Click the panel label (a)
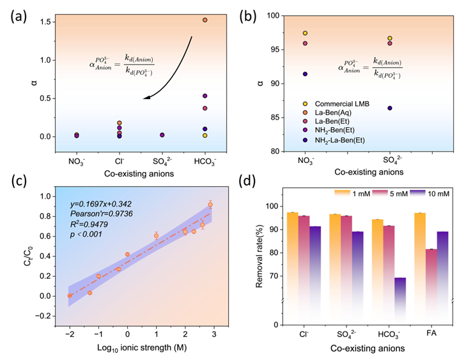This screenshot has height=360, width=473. [17, 13]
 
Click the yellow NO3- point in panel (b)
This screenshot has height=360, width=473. [305, 33]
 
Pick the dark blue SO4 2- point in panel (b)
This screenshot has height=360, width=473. [389, 108]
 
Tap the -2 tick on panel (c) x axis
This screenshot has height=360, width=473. [70, 316]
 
